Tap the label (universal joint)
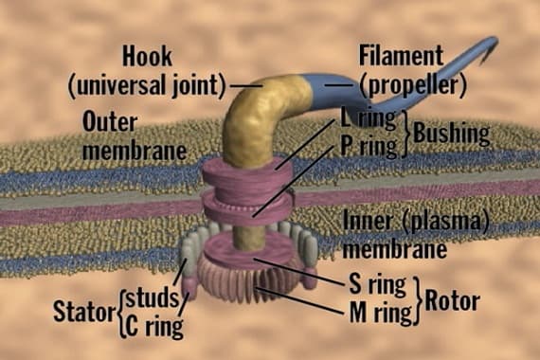coord(147,86)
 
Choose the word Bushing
coord(450,135)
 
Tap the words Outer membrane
coord(128,136)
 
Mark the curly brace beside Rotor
coord(417,297)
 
